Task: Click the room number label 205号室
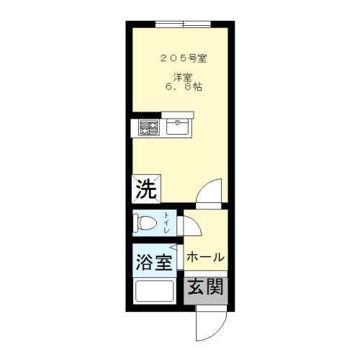[x=184, y=58]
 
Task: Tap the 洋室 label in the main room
[x=184, y=77]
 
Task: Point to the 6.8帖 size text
[x=184, y=86]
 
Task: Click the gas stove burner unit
[x=149, y=127]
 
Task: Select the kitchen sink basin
[x=178, y=127]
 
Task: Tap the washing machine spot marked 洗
[x=146, y=189]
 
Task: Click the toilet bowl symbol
[x=145, y=223]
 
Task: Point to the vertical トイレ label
[x=166, y=223]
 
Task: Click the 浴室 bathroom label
[x=154, y=262]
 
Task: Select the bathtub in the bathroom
[x=155, y=291]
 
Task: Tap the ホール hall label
[x=205, y=257]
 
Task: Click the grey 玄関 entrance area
[x=206, y=291]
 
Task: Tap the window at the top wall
[x=183, y=24]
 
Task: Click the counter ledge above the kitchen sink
[x=178, y=114]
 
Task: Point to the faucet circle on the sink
[x=178, y=123]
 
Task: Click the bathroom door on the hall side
[x=180, y=257]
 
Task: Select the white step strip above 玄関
[x=206, y=274]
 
